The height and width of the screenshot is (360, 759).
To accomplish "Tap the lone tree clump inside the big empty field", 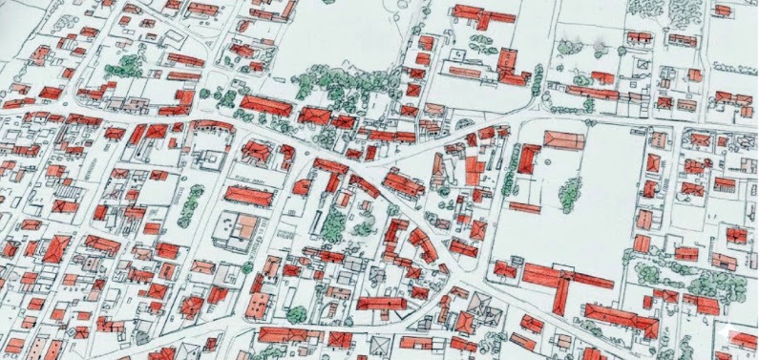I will [570, 194].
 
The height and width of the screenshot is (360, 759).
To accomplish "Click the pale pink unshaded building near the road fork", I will [474, 169].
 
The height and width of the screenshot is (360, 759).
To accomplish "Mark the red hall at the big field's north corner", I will [563, 140].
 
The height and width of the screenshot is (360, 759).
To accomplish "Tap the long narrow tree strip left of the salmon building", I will [191, 205].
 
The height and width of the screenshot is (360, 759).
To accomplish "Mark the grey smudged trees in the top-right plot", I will [578, 46].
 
